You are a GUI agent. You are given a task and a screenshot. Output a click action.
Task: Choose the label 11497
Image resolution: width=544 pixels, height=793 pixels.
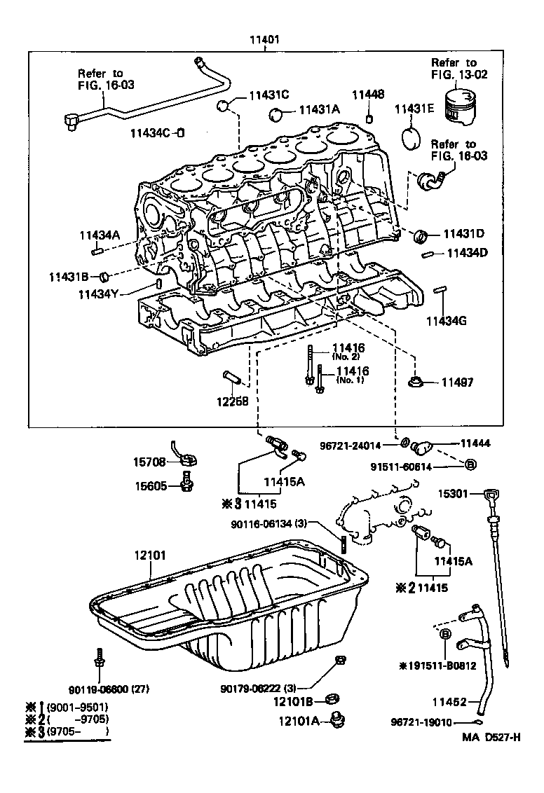(x=457, y=382)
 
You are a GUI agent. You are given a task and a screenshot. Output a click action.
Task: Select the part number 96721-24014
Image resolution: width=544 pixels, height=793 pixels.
(x=359, y=443)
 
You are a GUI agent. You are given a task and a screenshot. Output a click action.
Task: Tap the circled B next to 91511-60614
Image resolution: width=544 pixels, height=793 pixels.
(x=470, y=464)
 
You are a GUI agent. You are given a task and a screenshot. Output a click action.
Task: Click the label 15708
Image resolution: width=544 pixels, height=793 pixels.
(x=150, y=462)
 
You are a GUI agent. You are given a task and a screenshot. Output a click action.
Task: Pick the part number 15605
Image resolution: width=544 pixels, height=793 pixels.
(x=151, y=485)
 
